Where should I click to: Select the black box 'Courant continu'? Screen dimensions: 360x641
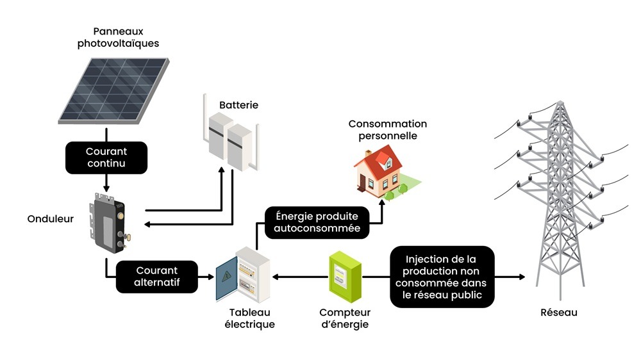click(x=106, y=158)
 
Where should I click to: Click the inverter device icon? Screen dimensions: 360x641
click(x=108, y=221)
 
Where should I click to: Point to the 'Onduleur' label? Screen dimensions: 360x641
click(x=50, y=219)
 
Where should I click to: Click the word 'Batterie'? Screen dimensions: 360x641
click(x=238, y=104)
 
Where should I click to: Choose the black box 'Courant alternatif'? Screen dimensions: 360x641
click(x=157, y=276)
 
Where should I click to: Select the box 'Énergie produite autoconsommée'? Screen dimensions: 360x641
click(x=317, y=222)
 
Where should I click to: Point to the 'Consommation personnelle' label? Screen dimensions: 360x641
click(x=387, y=129)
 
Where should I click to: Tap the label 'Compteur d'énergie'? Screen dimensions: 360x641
click(x=345, y=318)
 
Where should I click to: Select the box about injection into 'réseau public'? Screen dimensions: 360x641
click(x=442, y=277)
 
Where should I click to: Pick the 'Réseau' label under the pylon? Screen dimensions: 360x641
click(x=559, y=313)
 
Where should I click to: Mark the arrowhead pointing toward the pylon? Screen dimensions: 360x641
click(x=521, y=277)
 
